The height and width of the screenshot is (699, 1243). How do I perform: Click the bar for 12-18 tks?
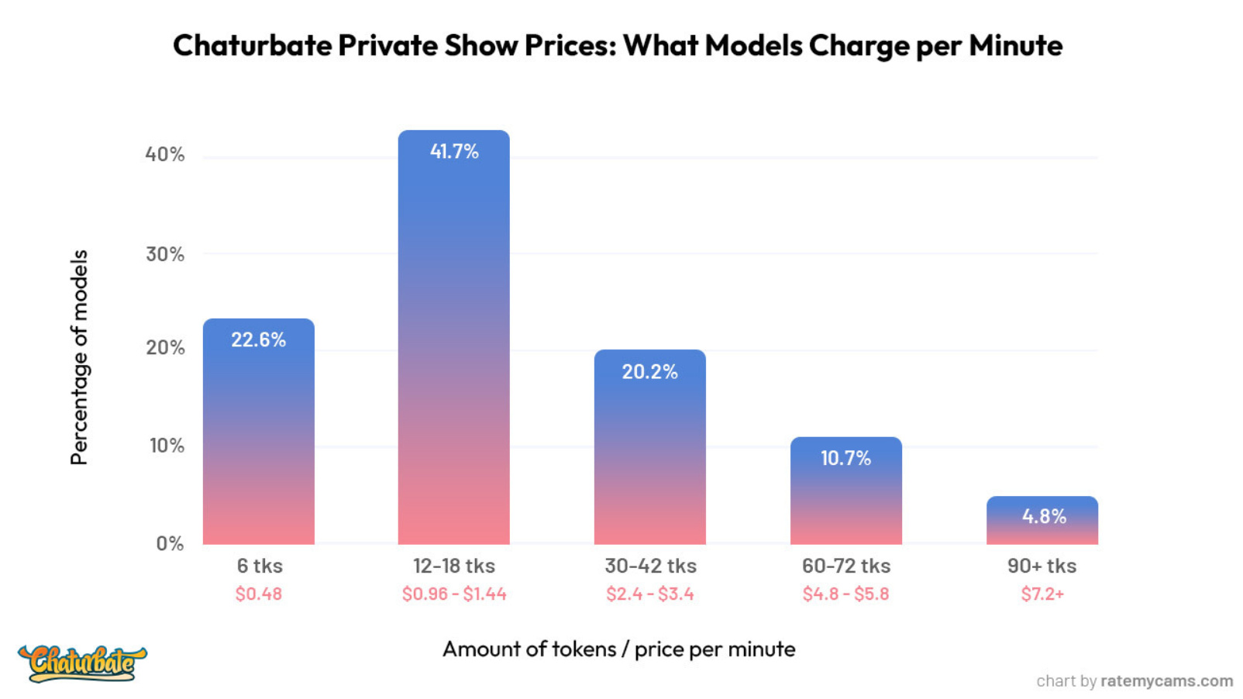(453, 349)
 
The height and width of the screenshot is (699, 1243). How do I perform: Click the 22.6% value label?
(258, 339)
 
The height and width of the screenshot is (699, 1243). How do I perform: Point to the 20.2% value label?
(649, 372)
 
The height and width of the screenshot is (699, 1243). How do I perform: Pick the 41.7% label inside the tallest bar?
(454, 151)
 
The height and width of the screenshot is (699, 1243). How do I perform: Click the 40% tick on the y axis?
(165, 154)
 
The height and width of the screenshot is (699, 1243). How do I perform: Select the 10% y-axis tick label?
(167, 446)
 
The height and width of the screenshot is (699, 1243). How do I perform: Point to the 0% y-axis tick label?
(170, 543)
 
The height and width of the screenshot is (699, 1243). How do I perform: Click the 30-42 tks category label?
(650, 566)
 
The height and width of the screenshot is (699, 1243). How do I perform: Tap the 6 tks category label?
(260, 566)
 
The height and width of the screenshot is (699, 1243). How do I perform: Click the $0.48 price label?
(259, 594)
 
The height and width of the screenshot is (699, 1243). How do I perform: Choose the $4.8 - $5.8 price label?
(845, 594)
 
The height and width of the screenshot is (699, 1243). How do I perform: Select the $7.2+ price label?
(1042, 594)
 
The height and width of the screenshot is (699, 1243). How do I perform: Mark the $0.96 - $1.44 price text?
(454, 594)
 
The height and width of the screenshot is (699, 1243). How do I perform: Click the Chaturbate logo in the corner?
(82, 663)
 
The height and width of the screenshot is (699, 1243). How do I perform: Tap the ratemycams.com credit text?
(1166, 680)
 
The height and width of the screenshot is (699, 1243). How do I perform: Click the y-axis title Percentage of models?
(79, 357)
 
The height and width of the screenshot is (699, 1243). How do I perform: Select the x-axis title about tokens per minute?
(618, 649)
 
